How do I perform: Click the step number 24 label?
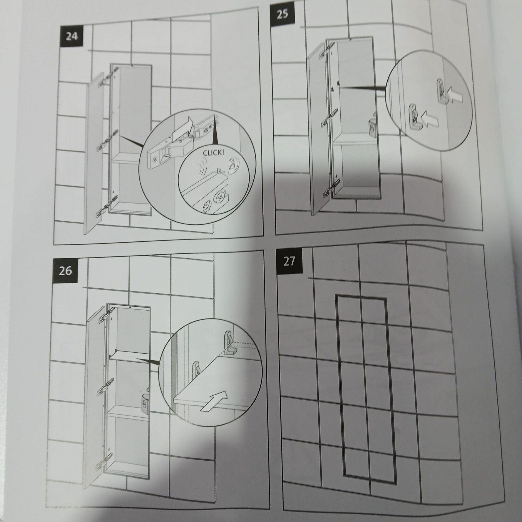(x=72, y=36)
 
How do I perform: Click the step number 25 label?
(x=283, y=14)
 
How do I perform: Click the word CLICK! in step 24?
(x=213, y=153)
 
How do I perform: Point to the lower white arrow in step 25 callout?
(x=428, y=119)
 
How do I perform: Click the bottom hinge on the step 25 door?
(x=331, y=188)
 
